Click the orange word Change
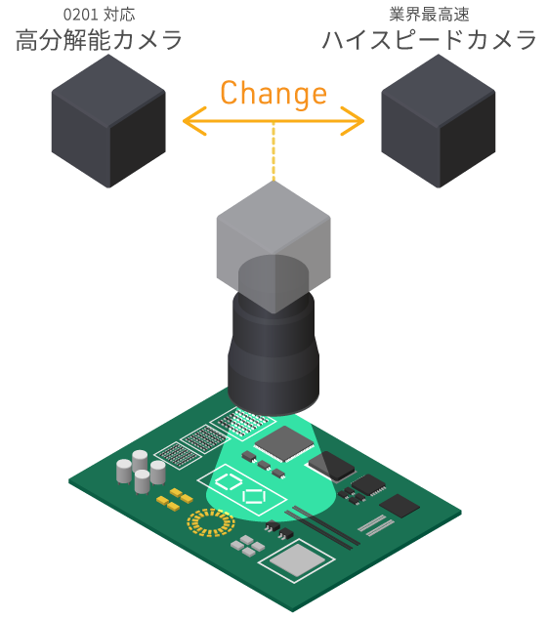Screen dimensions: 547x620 [273, 94]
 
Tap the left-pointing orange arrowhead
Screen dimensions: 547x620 [193, 121]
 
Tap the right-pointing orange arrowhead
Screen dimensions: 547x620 [353, 121]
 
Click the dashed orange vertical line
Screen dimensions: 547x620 [273, 151]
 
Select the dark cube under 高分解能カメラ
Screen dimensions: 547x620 [108, 121]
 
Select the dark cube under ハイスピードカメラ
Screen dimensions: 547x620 [439, 121]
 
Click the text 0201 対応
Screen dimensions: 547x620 [99, 15]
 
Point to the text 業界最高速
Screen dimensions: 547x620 [429, 15]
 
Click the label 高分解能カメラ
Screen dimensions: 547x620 [99, 40]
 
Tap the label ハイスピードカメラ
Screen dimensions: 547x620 [430, 40]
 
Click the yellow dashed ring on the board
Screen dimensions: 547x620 [211, 522]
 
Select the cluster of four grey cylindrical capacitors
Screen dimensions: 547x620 [142, 472]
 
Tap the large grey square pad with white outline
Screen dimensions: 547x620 [297, 560]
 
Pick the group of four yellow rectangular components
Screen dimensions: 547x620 [175, 499]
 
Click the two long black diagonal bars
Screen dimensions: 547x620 [322, 527]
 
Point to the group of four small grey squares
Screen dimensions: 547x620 [247, 546]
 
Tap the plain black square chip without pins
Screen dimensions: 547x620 [400, 506]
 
